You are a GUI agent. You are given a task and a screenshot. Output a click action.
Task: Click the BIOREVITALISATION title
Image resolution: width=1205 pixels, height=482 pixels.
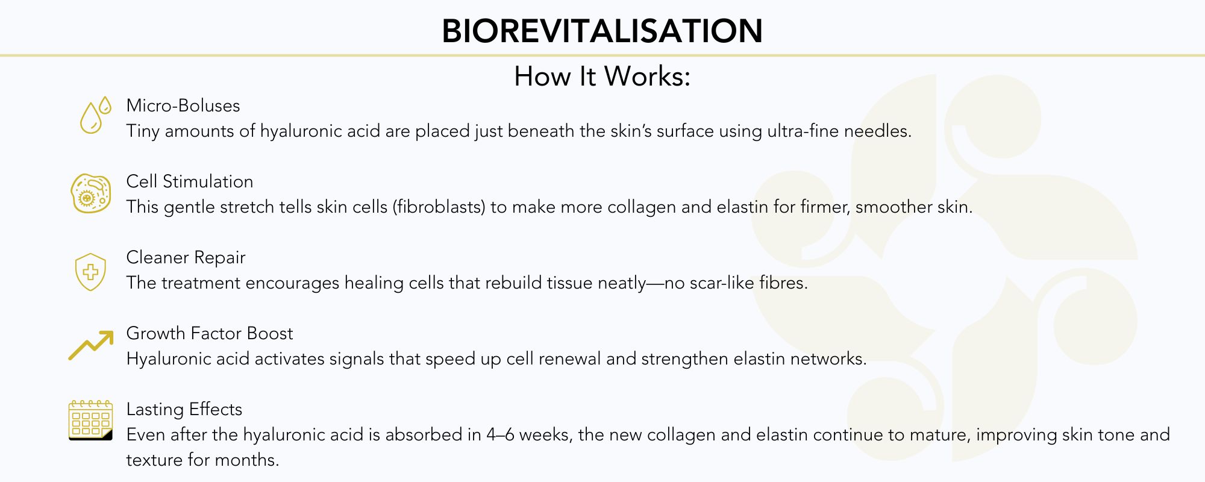tap(602, 31)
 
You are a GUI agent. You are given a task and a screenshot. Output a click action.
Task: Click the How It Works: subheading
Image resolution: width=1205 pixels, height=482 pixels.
tap(602, 77)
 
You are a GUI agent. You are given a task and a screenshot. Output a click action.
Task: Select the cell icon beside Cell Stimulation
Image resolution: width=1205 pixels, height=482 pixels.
tap(91, 193)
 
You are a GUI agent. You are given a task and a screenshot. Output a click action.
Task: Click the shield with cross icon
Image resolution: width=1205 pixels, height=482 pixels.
tap(90, 272)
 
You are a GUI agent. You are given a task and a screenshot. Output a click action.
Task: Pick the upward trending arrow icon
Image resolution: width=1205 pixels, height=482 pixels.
tap(91, 345)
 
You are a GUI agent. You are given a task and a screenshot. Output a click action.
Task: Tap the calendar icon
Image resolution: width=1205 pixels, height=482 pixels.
tap(90, 420)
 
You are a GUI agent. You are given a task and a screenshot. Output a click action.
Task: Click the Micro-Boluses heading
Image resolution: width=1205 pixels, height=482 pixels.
tap(183, 105)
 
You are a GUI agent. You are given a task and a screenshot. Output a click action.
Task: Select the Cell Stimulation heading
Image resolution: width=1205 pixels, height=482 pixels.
tap(190, 181)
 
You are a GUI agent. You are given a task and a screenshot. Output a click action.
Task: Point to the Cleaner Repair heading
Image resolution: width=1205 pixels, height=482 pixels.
tap(186, 257)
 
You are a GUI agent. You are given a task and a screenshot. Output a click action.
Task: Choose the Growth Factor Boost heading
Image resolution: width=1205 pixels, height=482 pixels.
tap(210, 333)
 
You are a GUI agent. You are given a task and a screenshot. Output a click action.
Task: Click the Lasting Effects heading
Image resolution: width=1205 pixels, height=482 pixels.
tap(184, 409)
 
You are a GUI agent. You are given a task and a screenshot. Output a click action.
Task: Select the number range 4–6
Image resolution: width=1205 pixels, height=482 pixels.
tap(501, 434)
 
